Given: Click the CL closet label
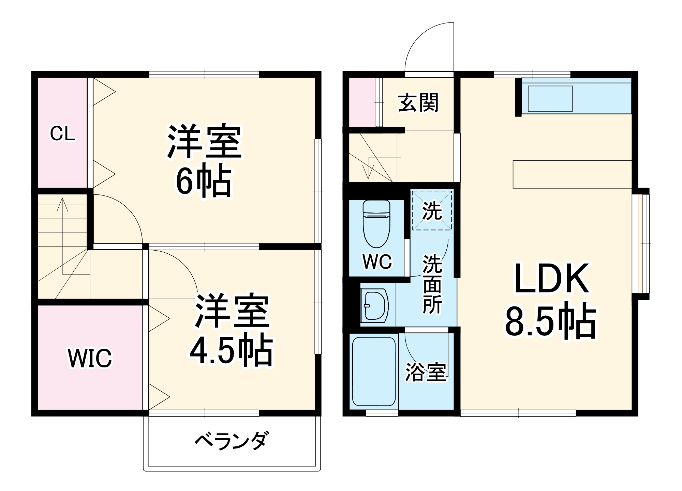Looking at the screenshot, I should pyautogui.click(x=62, y=134).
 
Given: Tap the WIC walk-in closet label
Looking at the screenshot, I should pyautogui.click(x=90, y=358).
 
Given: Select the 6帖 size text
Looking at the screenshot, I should pyautogui.click(x=204, y=180).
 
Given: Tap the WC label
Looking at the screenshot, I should pyautogui.click(x=377, y=262).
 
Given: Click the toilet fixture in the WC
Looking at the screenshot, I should pyautogui.click(x=376, y=223).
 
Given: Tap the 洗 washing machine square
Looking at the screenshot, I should pyautogui.click(x=432, y=210).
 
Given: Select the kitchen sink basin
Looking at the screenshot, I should pyautogui.click(x=550, y=98).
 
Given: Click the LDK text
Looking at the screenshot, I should pyautogui.click(x=551, y=278).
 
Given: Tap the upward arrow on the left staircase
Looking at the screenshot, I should pyautogui.click(x=62, y=204).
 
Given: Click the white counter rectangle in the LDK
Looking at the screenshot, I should pyautogui.click(x=572, y=174).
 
